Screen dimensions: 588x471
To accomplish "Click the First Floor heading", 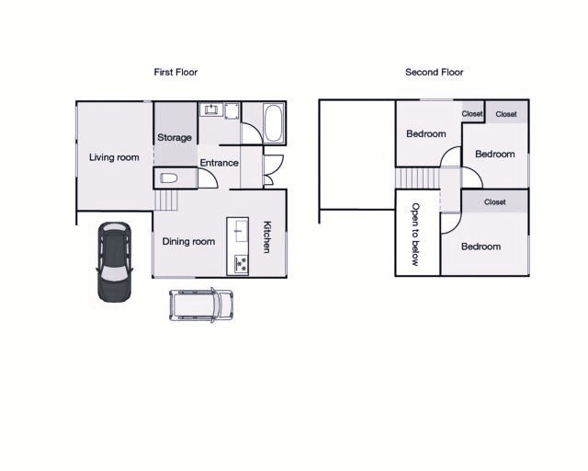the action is (x=175, y=72).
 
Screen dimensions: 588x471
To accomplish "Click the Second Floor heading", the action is (x=435, y=72).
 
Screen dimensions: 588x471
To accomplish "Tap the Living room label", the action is (x=114, y=157).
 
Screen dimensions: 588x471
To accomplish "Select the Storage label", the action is (x=175, y=137).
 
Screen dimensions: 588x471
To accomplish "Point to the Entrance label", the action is (x=219, y=163).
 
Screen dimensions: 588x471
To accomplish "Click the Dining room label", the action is (x=188, y=241).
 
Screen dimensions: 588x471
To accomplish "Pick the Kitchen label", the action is (x=267, y=237).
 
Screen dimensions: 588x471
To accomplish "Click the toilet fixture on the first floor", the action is (x=169, y=178).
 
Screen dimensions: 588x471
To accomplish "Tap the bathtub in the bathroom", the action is (x=274, y=123).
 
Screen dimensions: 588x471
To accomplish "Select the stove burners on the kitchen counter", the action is (x=241, y=264).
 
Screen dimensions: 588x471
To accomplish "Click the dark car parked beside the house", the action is (x=114, y=262).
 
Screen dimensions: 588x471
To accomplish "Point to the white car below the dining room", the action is (x=201, y=304).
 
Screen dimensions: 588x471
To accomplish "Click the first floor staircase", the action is (x=165, y=201).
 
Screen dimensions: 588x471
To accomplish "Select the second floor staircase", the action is (x=417, y=178).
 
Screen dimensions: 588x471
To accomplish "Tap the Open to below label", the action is (x=415, y=235).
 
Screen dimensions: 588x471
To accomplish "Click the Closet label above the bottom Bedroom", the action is (x=494, y=202).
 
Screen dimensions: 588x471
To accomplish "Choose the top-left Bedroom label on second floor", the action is (x=426, y=133).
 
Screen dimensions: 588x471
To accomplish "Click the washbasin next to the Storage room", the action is (x=211, y=109).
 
